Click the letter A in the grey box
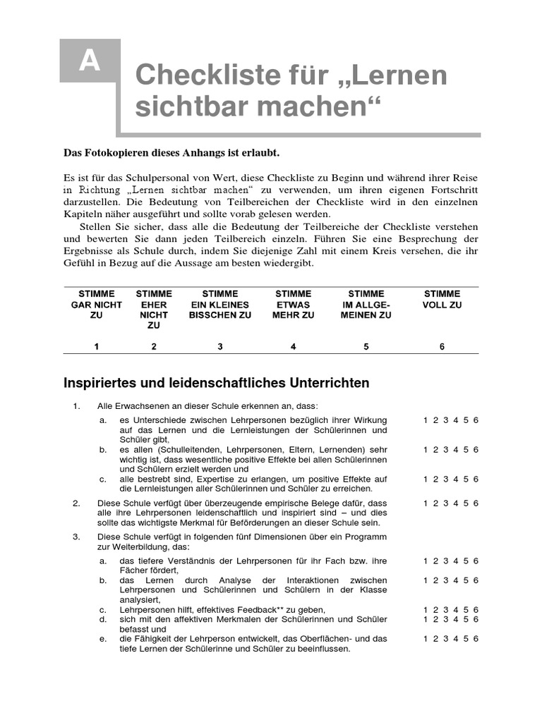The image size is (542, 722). coord(90,62)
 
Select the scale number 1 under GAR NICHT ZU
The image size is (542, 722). coord(97,346)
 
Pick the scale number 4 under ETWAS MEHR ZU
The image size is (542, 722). coord(294,346)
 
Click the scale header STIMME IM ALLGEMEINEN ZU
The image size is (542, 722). coord(366,305)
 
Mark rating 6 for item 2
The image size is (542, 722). coord(476,503)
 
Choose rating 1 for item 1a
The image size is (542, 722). coord(426,420)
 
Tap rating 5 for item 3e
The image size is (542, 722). coord(466,639)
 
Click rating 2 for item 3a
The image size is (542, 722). coord(436,561)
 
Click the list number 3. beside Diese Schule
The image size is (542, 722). coord(77,537)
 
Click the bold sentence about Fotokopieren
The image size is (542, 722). coord(172,153)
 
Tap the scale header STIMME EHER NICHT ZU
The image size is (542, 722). coord(154,310)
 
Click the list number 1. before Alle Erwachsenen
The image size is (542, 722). coord(77,406)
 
